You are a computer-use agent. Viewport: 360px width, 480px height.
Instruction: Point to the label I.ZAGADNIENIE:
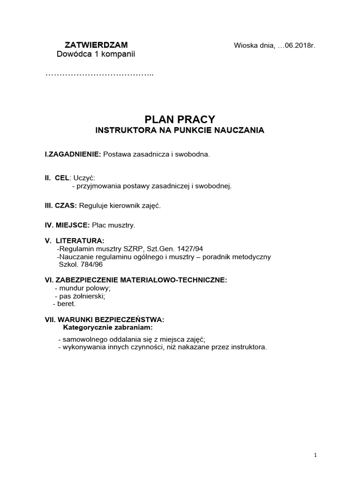(x=73, y=154)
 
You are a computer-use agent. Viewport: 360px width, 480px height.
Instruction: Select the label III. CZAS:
(x=61, y=205)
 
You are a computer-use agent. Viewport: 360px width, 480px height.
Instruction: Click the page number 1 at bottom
(x=316, y=455)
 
